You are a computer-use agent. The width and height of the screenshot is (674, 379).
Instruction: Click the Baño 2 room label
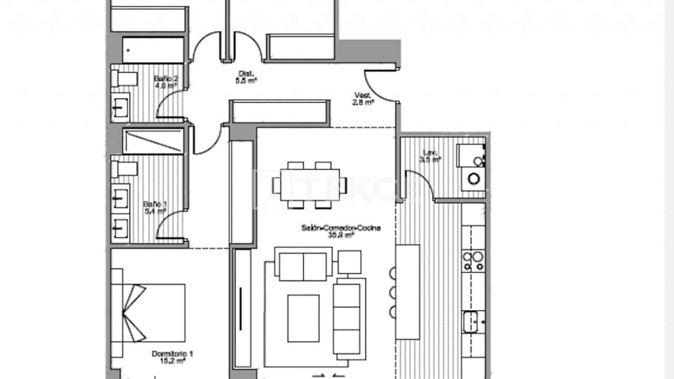162,82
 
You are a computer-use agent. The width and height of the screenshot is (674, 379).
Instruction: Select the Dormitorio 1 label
172,358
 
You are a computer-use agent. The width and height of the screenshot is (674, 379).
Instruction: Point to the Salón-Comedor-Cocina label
341,232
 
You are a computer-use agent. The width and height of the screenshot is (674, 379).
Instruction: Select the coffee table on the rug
303,318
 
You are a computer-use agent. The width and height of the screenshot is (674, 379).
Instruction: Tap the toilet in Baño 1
124,168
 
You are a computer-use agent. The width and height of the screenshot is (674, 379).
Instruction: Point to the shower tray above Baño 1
153,141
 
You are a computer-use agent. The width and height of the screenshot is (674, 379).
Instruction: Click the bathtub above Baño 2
153,50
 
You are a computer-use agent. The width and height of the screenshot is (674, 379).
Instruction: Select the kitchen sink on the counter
473,321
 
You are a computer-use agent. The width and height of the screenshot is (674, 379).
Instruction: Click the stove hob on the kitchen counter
473,261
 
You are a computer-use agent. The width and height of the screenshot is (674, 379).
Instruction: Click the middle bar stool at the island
392,293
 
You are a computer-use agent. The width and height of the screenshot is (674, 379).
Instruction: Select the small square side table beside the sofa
349,262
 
